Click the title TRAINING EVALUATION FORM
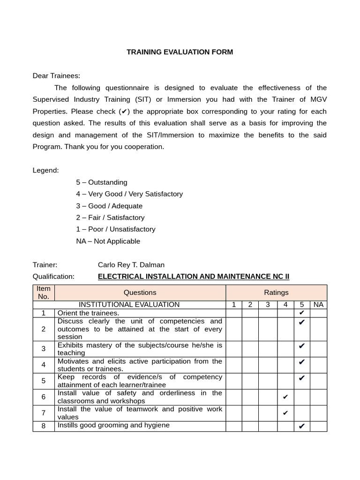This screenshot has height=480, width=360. coord(180,52)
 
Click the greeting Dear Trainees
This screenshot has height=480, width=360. coord(56,75)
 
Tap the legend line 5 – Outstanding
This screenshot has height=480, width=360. coord(102,182)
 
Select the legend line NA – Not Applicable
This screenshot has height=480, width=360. coord(108,241)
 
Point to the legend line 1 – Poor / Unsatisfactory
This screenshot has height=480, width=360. coord(115,229)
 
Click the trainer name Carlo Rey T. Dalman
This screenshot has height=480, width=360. coord(131,265)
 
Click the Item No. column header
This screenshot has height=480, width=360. coord(44,292)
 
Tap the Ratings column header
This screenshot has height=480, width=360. coord(276,292)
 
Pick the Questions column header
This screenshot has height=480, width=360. coord(140,292)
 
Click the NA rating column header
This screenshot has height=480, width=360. coord(318,305)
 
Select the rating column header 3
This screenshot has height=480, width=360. coord(268,305)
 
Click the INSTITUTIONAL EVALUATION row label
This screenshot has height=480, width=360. coord(129,305)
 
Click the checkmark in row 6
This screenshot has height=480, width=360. coord(285,397)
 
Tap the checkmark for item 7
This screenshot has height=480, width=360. coord(285,413)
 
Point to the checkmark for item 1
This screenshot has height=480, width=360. coord(301,313)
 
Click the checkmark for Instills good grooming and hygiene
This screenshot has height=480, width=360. coord(301,426)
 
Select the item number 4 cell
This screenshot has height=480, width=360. coord(44,365)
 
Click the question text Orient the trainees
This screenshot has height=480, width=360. coord(88,313)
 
